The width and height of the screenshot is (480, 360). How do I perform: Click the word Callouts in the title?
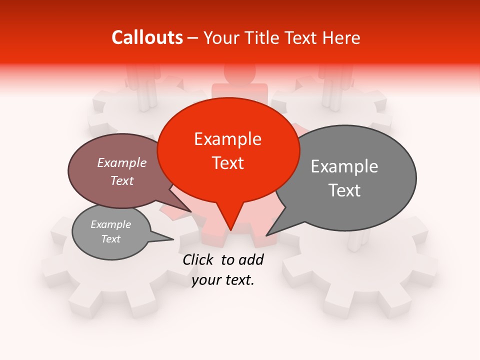click(147, 37)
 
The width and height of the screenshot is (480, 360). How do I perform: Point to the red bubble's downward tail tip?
click(230, 230)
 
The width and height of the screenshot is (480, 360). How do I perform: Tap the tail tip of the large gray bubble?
click(267, 235)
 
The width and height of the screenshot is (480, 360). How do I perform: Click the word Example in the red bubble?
click(228, 139)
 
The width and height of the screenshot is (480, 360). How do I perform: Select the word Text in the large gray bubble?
click(344, 190)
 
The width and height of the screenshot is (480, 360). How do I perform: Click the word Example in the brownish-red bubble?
click(122, 163)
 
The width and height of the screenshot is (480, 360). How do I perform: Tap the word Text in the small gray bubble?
click(110, 239)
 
